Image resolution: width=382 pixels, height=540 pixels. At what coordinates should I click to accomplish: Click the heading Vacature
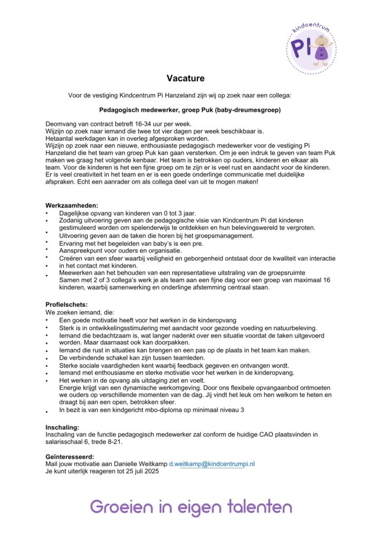185,79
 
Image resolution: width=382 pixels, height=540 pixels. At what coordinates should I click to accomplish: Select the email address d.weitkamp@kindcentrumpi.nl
212,464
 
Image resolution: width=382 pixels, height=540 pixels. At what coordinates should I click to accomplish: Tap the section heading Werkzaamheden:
72,206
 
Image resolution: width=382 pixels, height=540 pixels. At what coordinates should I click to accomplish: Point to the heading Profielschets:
66,305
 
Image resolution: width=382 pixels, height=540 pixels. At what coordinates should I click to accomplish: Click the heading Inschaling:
62,427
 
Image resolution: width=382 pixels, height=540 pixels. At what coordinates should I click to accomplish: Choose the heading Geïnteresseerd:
70,456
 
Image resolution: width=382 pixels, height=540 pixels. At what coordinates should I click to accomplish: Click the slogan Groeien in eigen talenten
190,507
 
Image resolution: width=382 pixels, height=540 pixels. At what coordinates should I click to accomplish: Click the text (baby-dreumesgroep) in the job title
248,110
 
